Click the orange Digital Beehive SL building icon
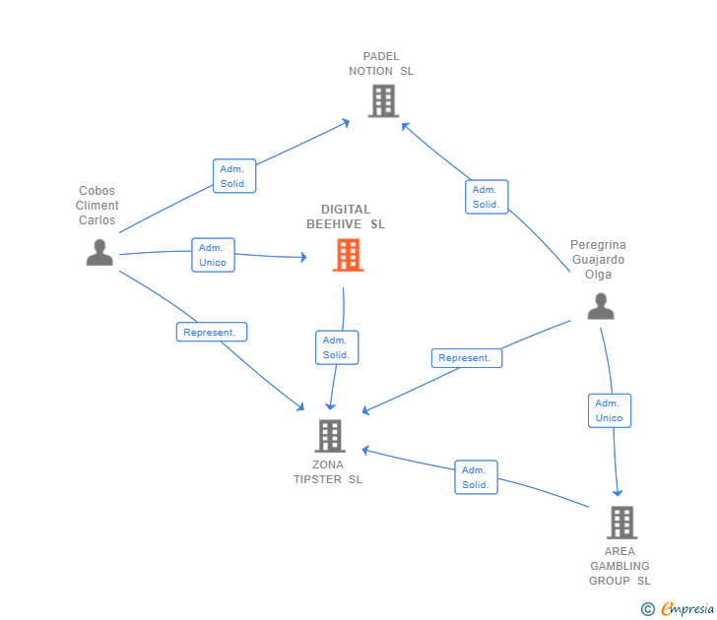(348, 255)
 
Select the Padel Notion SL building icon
(382, 100)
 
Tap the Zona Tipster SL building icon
(330, 435)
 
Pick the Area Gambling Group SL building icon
(620, 522)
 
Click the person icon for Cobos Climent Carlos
(99, 252)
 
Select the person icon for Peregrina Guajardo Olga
(600, 306)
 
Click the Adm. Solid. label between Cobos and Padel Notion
(234, 176)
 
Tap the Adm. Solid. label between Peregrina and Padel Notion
(487, 197)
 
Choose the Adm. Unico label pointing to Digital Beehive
(213, 255)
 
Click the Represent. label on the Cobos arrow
(211, 333)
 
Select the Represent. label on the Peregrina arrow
(466, 358)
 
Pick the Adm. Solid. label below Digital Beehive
(337, 347)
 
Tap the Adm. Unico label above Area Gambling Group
(610, 410)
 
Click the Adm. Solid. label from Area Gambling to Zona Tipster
(476, 477)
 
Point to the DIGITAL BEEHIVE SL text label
(346, 217)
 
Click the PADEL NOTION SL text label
(381, 63)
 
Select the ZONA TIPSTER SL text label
(328, 472)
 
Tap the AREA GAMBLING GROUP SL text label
(619, 566)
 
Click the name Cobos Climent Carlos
(98, 206)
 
